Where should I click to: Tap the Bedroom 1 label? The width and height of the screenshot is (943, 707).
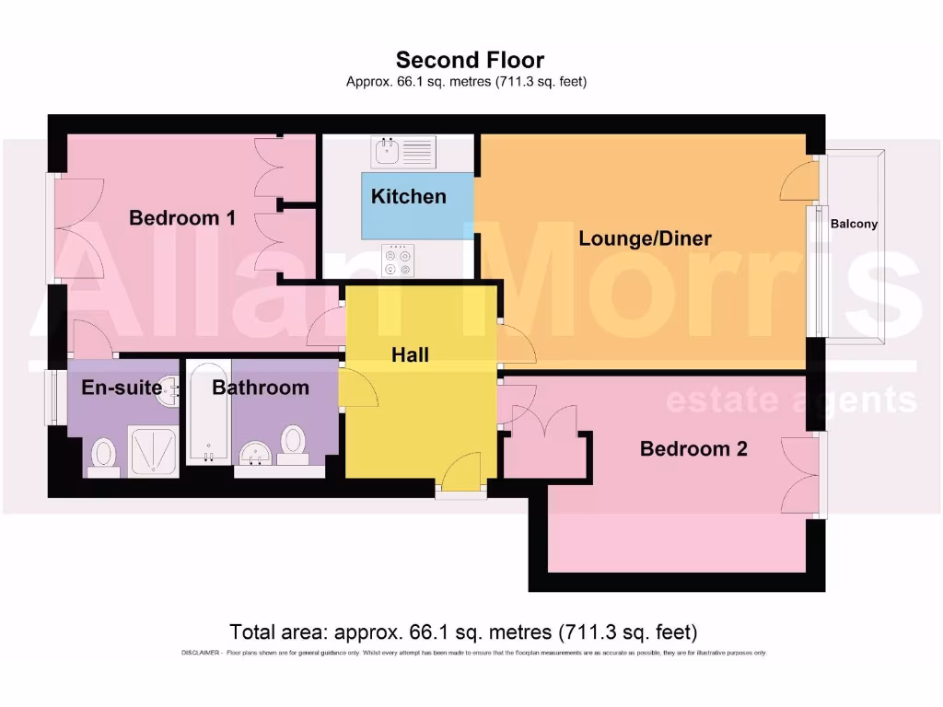click(x=181, y=218)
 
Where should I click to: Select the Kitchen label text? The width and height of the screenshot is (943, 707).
click(x=408, y=196)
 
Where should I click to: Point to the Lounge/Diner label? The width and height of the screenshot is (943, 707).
click(x=645, y=239)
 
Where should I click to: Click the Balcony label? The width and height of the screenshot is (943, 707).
click(x=854, y=224)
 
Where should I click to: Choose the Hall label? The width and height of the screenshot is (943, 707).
click(x=410, y=354)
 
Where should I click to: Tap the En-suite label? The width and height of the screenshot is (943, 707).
click(x=122, y=388)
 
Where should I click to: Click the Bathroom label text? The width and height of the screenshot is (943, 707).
click(x=261, y=388)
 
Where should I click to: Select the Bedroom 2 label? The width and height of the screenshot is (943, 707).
click(x=693, y=449)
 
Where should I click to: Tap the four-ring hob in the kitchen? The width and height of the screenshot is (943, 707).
click(x=398, y=260)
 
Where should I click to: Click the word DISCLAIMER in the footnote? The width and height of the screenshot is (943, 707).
click(x=197, y=653)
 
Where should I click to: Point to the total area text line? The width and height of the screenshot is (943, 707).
click(x=463, y=632)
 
